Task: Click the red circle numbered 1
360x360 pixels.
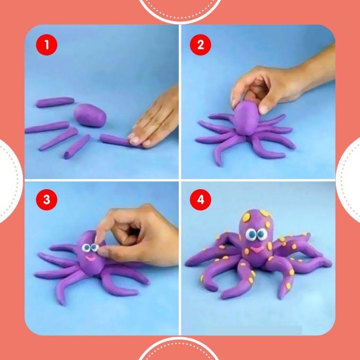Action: point(46,45)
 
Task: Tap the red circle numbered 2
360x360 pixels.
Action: point(200,45)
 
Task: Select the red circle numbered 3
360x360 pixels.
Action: point(46,199)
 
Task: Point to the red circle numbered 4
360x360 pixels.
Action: point(200,199)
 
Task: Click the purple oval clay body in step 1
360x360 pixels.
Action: point(90,115)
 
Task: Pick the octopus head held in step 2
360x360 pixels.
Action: point(246,118)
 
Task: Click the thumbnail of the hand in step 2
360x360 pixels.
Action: point(263,109)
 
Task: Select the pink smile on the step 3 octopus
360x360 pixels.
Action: point(91,259)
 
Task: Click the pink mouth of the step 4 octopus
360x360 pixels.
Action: point(256,249)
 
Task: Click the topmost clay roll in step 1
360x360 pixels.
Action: point(55,102)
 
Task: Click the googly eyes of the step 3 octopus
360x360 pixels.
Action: point(90,247)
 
